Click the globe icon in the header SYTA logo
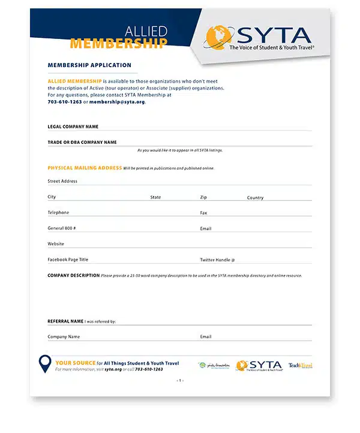217,37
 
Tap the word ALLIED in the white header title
146,31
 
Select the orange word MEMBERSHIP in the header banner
119,44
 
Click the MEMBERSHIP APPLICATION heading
89,65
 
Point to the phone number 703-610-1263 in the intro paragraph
65,102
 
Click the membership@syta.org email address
117,102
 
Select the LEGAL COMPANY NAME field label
73,127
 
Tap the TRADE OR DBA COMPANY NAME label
82,142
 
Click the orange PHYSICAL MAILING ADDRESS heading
85,168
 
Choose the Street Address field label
62,181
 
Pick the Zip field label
203,197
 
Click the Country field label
255,197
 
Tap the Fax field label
203,213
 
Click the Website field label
56,244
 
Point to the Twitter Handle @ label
217,260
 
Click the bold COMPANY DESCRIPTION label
73,275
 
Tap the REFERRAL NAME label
65,321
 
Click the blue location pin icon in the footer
45,364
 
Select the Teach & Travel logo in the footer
300,365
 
